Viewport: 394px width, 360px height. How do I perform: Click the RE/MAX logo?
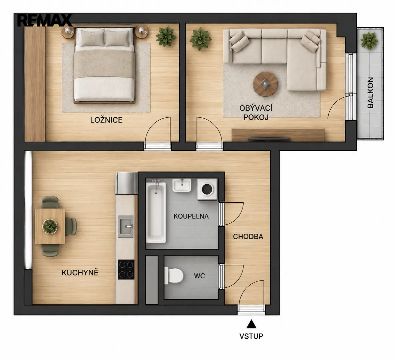[45, 20]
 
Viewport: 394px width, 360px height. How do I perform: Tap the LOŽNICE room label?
[106, 120]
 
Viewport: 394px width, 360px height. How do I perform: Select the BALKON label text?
[370, 93]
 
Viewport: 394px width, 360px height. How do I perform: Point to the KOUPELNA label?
[191, 216]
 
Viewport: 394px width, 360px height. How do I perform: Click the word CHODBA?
[248, 236]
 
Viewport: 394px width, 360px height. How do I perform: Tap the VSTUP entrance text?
[251, 336]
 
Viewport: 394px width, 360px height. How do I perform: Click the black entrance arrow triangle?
[251, 324]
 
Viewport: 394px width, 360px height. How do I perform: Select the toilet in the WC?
[173, 275]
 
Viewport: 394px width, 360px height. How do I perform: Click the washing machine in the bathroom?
[207, 190]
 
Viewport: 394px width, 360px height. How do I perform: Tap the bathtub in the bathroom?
[156, 213]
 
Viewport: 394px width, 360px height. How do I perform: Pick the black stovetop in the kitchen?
[126, 269]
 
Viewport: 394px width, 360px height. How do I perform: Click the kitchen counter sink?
[126, 226]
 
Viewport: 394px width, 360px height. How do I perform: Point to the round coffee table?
[265, 84]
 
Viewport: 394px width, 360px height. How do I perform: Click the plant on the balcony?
[369, 40]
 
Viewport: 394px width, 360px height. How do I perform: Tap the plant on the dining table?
[50, 226]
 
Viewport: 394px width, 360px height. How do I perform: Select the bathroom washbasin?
[182, 185]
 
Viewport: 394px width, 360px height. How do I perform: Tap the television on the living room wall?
[269, 139]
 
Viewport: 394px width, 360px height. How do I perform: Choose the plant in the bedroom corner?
[165, 37]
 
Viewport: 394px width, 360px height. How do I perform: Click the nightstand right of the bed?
[141, 32]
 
